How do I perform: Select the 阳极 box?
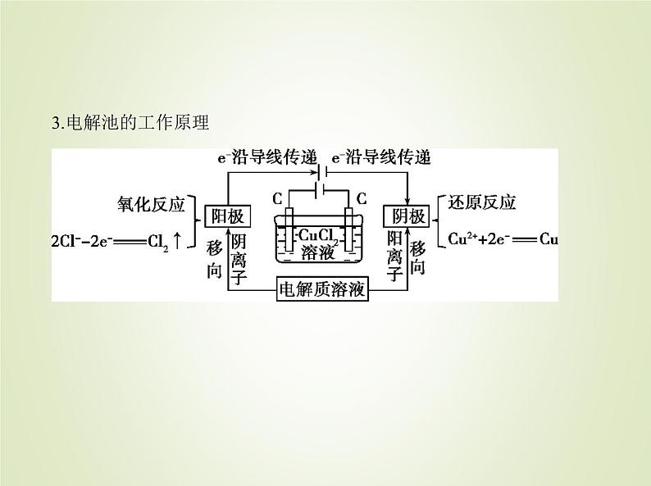pos(227,216)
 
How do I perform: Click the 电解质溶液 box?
pos(321,290)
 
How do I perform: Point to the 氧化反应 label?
pos(153,203)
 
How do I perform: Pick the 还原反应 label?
pos(483,203)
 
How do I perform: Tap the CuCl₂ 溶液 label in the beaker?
pos(317,243)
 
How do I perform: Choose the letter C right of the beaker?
pos(360,198)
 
